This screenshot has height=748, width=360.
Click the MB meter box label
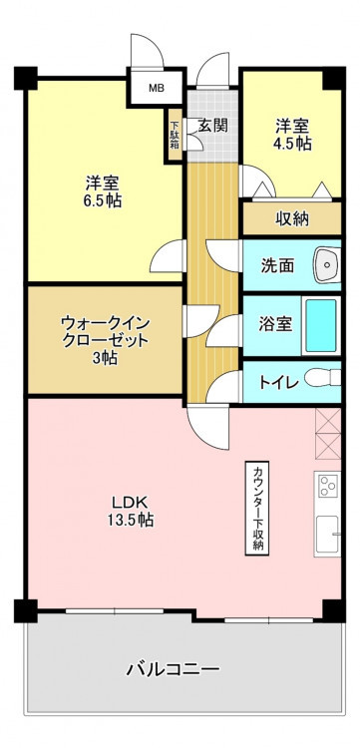click(155, 88)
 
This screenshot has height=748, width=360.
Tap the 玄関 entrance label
click(212, 125)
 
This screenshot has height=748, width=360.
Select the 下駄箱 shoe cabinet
click(175, 136)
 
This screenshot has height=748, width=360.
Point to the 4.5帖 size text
click(292, 144)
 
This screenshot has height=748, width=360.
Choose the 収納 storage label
click(292, 218)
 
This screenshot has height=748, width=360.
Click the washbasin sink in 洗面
click(327, 264)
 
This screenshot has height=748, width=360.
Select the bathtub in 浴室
click(321, 326)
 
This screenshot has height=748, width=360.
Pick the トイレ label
click(279, 382)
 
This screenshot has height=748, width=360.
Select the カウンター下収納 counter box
click(257, 508)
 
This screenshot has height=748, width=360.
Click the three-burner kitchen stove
click(327, 485)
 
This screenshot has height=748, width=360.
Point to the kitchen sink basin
click(327, 534)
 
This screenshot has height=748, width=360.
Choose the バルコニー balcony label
click(174, 669)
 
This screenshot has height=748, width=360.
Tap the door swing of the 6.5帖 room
click(168, 255)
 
